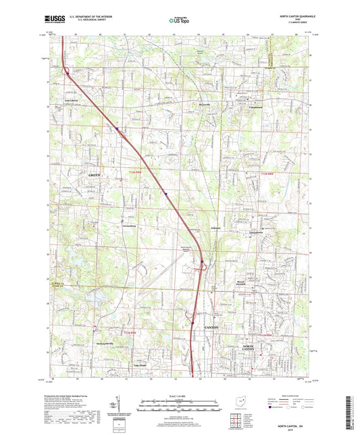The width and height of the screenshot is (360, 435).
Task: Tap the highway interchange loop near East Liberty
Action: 65,70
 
